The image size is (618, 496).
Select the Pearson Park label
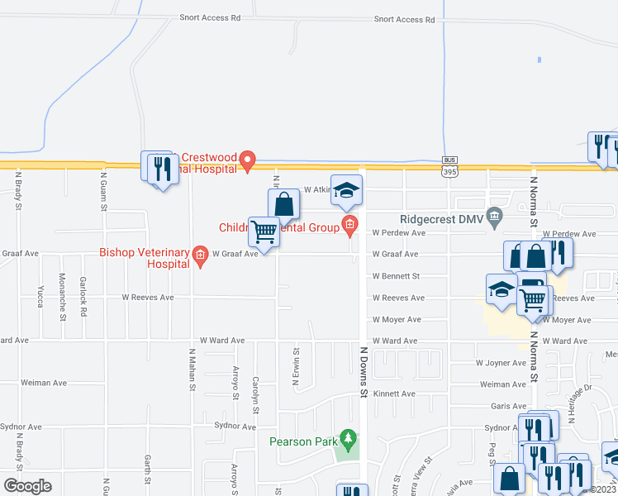[x=302, y=441]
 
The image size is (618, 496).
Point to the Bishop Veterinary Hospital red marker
[x=199, y=255]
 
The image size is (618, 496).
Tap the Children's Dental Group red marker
[x=349, y=224]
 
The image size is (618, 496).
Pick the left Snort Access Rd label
[x=211, y=17]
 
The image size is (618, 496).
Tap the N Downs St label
[x=363, y=372]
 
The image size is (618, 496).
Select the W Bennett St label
[x=397, y=276]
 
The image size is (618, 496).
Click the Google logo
[x=27, y=485]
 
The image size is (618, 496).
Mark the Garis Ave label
[x=508, y=406]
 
